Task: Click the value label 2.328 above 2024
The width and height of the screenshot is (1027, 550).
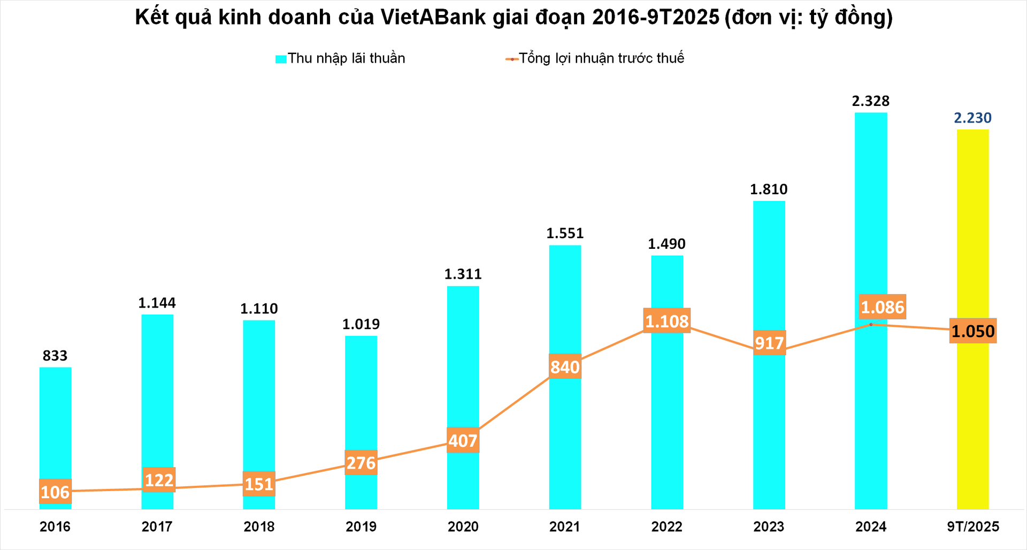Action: (x=870, y=101)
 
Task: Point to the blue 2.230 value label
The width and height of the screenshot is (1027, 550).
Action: (x=972, y=118)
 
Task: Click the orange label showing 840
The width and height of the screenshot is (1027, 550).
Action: (x=565, y=367)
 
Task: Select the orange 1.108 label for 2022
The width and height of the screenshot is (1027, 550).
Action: (x=666, y=321)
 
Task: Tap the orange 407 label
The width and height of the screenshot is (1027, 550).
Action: (x=463, y=441)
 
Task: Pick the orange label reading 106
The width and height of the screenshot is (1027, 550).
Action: (x=55, y=492)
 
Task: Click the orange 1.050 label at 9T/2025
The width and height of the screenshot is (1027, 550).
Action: (x=972, y=331)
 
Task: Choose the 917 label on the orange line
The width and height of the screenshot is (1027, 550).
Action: (x=769, y=343)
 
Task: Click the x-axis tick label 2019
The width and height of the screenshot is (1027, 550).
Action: (x=361, y=526)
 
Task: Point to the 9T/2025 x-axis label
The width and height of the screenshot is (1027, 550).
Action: (x=972, y=526)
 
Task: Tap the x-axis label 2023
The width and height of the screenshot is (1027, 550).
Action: (x=769, y=526)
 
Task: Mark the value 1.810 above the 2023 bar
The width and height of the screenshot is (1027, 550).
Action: (x=769, y=189)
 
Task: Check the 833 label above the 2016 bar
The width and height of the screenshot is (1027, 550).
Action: (x=55, y=356)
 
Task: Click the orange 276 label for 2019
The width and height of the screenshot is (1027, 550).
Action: (x=361, y=463)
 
